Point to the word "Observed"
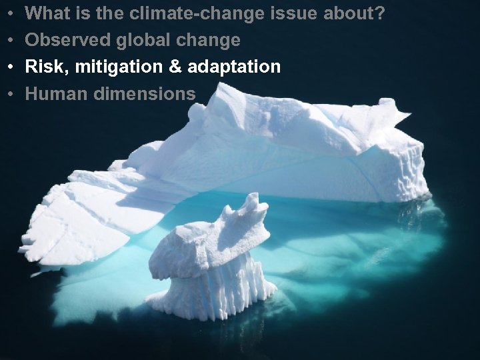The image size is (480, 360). point(65,40)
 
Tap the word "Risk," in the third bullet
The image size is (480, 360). point(43,67)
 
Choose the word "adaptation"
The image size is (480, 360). point(228,67)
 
